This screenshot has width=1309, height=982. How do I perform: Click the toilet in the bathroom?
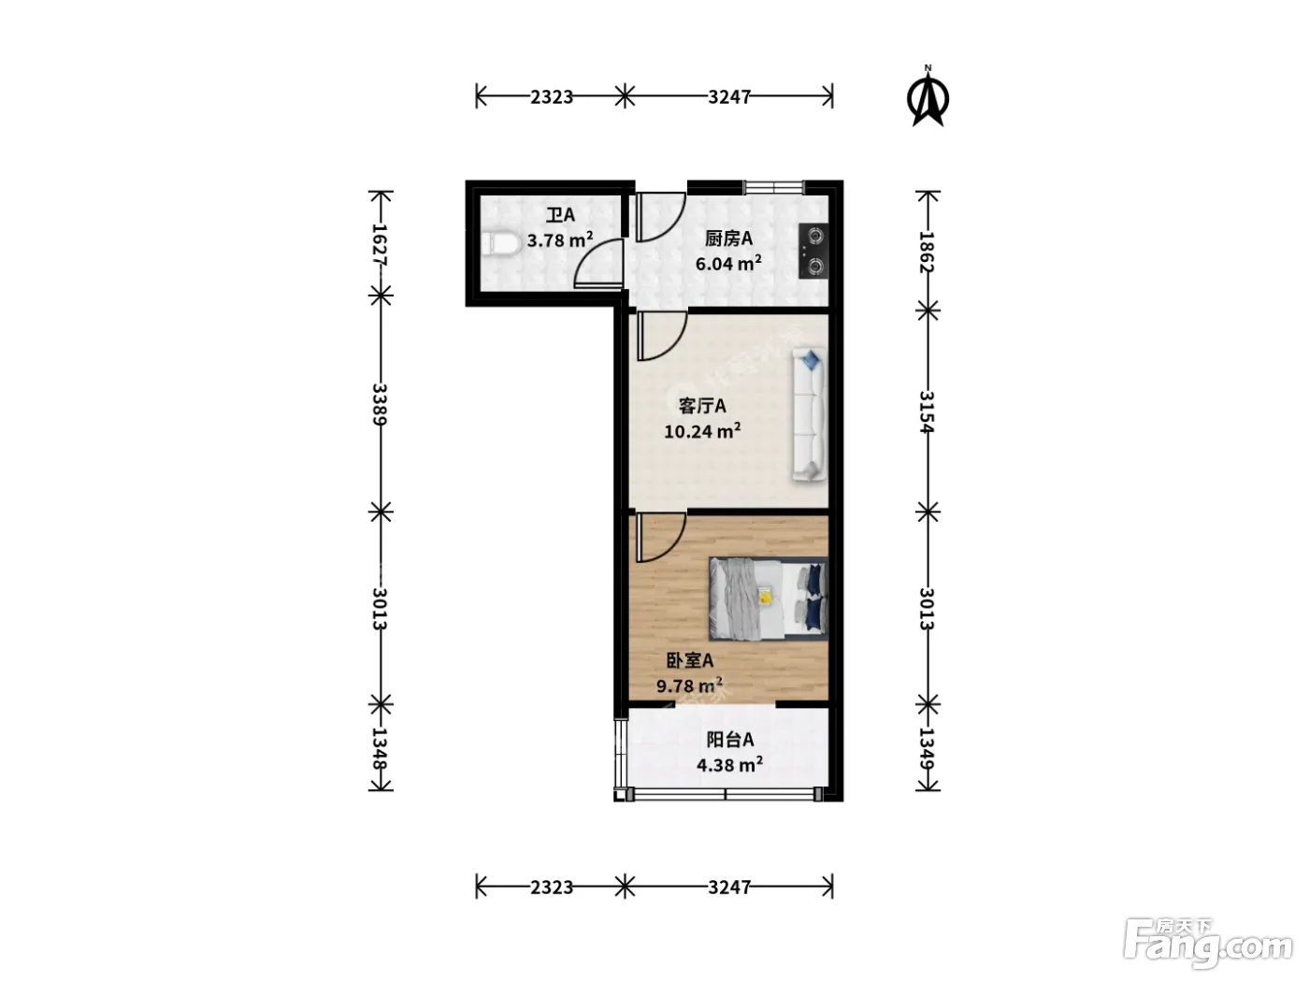(x=499, y=244)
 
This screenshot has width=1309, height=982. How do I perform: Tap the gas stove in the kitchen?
(x=813, y=251)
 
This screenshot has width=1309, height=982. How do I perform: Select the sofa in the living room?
(x=810, y=415)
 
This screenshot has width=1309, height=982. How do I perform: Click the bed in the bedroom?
(x=769, y=599)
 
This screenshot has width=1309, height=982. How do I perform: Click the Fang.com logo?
(x=1208, y=944)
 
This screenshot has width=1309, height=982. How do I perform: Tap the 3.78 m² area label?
(x=560, y=239)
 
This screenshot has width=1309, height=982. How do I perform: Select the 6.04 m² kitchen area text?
(x=728, y=263)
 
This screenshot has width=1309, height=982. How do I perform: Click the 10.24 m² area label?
(x=702, y=430)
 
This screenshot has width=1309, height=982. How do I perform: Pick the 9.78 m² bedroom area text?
(x=689, y=686)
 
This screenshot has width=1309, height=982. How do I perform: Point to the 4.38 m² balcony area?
(x=729, y=764)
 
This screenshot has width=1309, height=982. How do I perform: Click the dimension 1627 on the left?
(x=380, y=244)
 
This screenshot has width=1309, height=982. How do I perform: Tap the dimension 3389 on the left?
(x=380, y=404)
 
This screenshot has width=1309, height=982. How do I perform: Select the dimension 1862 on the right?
(x=927, y=252)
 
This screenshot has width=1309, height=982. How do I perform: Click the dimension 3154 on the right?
(x=927, y=412)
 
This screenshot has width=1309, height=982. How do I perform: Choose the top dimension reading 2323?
(x=552, y=96)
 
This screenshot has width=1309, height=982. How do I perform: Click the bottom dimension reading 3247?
(x=728, y=888)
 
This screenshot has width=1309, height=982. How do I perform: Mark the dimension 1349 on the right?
(x=927, y=749)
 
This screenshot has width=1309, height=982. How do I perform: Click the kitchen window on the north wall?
(x=774, y=187)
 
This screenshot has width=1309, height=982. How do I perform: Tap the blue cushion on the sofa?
(x=811, y=359)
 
